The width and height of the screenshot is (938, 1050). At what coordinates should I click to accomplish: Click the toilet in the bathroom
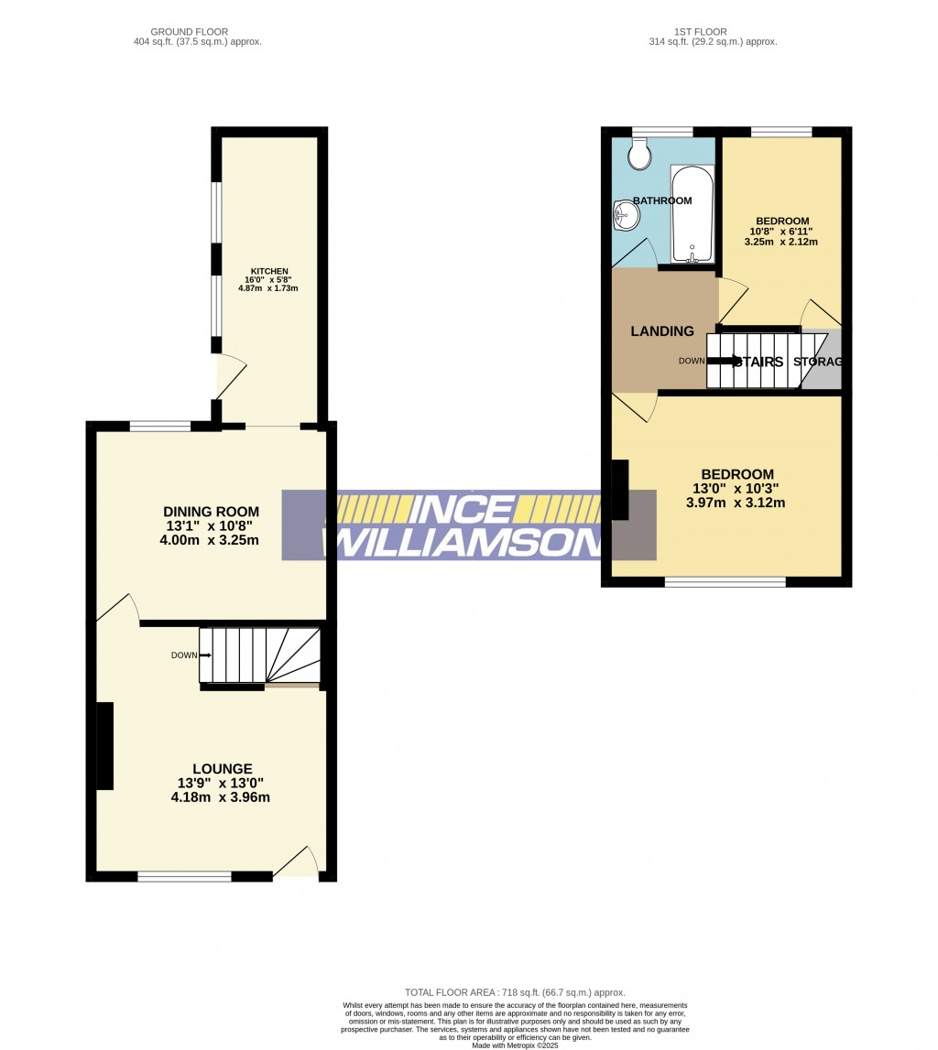pos(639,155)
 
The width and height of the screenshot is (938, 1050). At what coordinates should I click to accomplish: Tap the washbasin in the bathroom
pos(627,216)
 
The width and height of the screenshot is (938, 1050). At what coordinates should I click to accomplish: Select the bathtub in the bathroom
pos(693,214)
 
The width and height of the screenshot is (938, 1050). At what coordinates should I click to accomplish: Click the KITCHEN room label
pos(269,272)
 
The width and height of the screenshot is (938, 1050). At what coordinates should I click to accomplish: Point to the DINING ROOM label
pos(211,512)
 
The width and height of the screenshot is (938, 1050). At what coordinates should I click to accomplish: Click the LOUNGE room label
pos(222,769)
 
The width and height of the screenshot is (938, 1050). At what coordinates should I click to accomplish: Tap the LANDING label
pos(662,331)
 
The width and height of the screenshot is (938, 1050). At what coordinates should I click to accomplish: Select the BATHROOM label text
pos(661,201)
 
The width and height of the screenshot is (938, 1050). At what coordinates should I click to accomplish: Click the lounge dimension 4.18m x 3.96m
pos(220,797)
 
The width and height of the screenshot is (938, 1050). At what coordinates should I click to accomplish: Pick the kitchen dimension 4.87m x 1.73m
pos(268,288)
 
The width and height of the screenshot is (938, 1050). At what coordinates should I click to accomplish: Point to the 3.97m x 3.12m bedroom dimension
pos(736,503)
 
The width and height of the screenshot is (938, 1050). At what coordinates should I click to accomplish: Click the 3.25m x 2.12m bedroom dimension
pos(780,243)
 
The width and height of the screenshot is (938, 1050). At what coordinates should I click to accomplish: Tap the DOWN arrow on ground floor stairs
pos(204,655)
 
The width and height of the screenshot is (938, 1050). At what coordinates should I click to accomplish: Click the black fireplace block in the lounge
pos(105,745)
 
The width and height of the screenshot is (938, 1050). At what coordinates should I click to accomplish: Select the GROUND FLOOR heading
pos(190,32)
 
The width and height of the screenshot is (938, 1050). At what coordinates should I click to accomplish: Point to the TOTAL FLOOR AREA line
pos(515,992)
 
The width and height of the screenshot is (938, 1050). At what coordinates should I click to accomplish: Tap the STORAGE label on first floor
pos(817,363)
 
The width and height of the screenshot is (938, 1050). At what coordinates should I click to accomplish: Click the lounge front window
pos(184,877)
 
